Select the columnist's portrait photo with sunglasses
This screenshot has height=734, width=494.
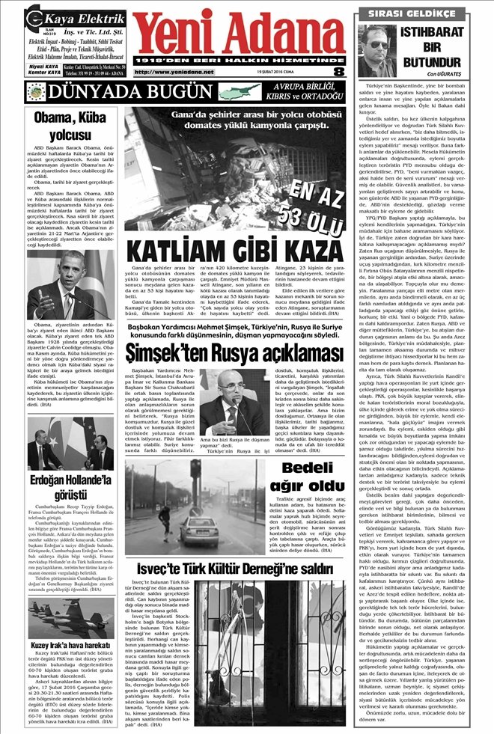380,51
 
